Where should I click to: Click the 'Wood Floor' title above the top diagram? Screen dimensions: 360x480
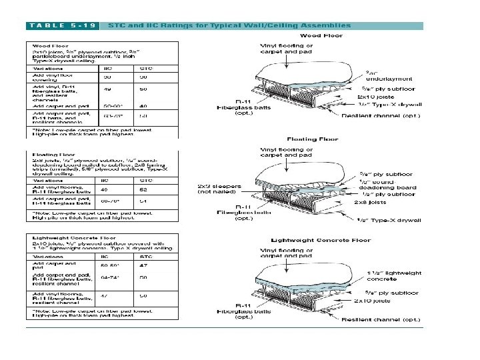[322, 35]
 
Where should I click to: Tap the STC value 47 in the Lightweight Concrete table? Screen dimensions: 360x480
[143, 265]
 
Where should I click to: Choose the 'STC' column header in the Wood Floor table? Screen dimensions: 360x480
[145, 68]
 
